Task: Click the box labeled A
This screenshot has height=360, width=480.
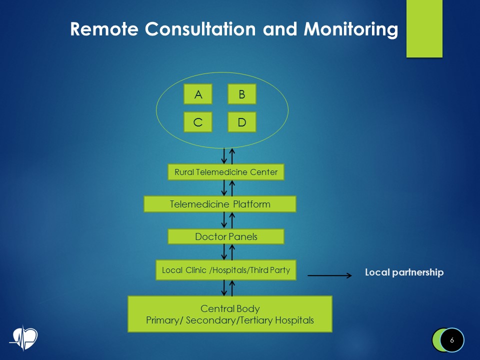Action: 198,94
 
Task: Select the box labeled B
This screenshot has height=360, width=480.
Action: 242,94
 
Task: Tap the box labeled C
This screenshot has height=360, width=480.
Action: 198,122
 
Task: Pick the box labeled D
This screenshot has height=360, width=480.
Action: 242,122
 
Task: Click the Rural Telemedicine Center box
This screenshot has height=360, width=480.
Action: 225,172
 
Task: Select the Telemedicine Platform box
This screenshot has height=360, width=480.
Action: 220,204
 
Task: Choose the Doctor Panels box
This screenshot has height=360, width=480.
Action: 226,236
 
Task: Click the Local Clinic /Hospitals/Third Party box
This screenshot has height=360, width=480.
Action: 226,270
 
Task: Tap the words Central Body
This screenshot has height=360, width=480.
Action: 230,308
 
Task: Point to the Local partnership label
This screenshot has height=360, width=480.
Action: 404,272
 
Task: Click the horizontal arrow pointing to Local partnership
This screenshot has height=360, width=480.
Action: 330,275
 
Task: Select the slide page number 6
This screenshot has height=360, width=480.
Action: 452,340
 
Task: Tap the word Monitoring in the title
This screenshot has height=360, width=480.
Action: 350,29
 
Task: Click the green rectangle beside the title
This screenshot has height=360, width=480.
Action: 424,28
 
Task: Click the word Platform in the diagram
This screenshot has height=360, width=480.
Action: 247,204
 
